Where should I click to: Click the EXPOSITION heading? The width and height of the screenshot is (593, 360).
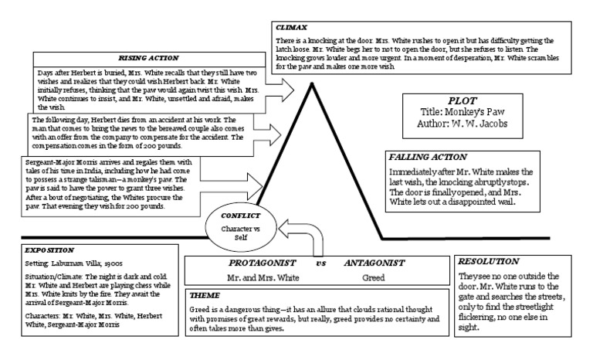click(x=49, y=250)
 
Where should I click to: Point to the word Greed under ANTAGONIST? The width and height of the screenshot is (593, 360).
click(x=373, y=277)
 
